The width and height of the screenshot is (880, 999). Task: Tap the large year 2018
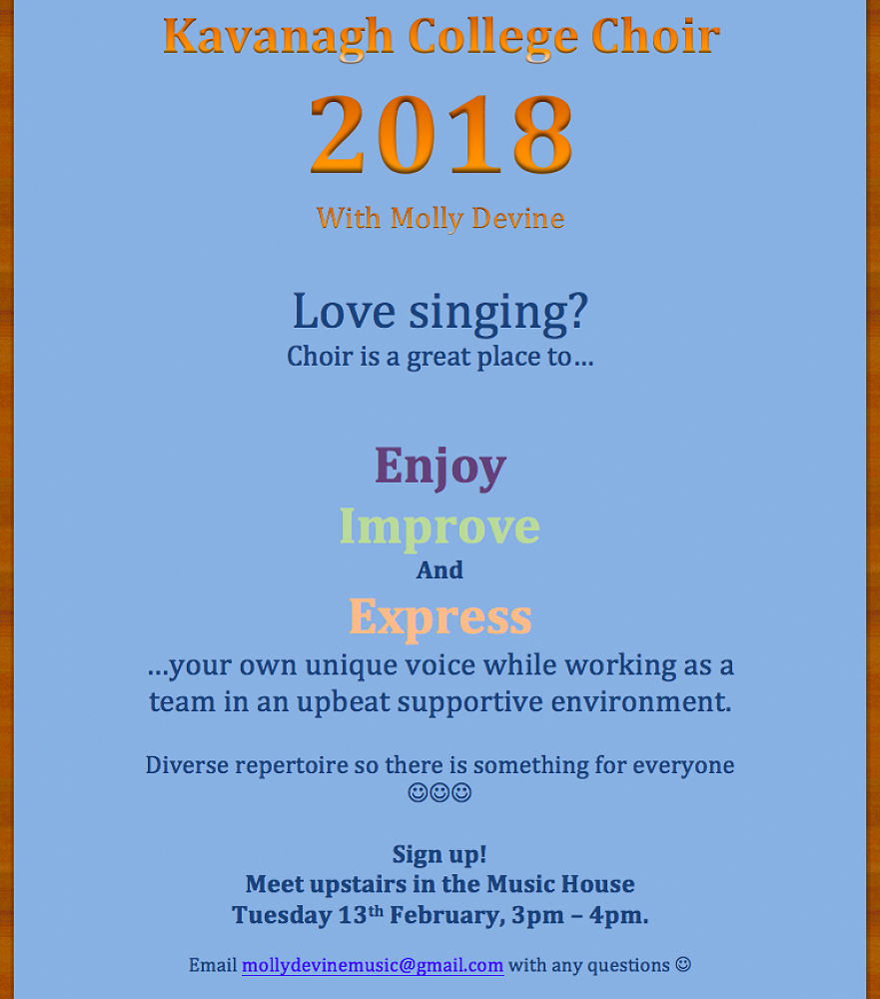coord(440,134)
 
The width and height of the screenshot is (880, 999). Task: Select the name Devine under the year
coord(518,218)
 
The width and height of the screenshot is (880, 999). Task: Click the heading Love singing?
coord(440,312)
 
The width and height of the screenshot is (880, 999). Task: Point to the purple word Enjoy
coord(440,467)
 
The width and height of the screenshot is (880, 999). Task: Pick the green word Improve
coord(440,526)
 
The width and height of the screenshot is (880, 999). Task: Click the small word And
coord(440,569)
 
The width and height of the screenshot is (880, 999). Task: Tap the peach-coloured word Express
coord(440,617)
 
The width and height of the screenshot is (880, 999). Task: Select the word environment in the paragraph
coord(641,702)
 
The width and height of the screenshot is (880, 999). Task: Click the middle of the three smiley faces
coord(440,792)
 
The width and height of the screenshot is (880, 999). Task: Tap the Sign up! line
coord(440,855)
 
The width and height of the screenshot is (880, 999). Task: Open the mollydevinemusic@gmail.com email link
coord(373,966)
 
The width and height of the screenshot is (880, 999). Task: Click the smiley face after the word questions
coord(683,965)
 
